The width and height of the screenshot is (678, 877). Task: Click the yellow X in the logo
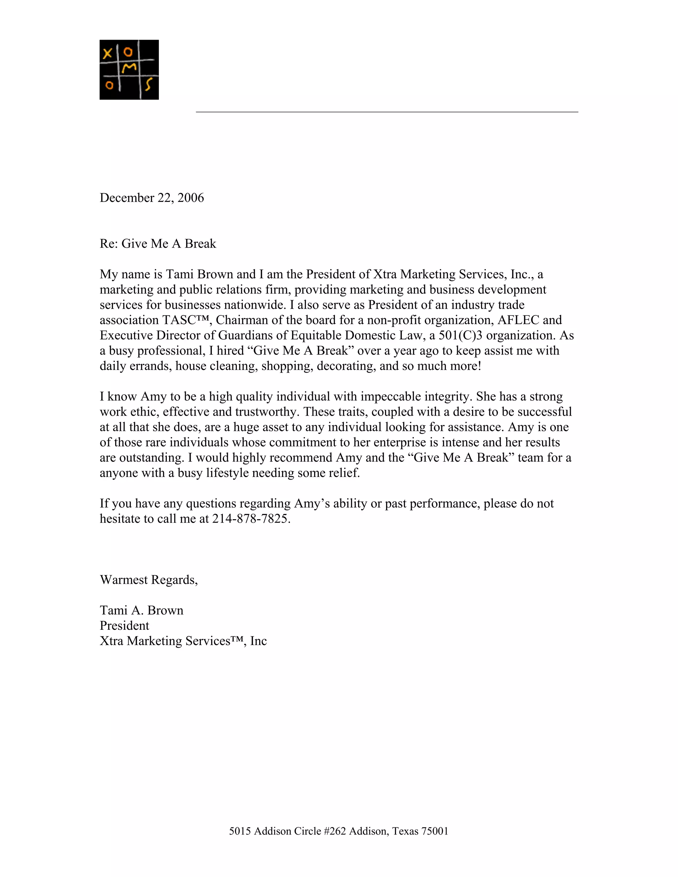pos(107,53)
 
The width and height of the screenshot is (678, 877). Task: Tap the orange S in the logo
pos(149,84)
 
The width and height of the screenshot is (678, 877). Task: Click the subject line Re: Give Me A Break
pos(158,244)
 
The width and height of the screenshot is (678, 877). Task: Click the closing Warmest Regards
pos(149,580)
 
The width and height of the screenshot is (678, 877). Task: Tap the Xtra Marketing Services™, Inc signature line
pos(183,641)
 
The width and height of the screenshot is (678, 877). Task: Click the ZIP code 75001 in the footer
pos(435,831)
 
